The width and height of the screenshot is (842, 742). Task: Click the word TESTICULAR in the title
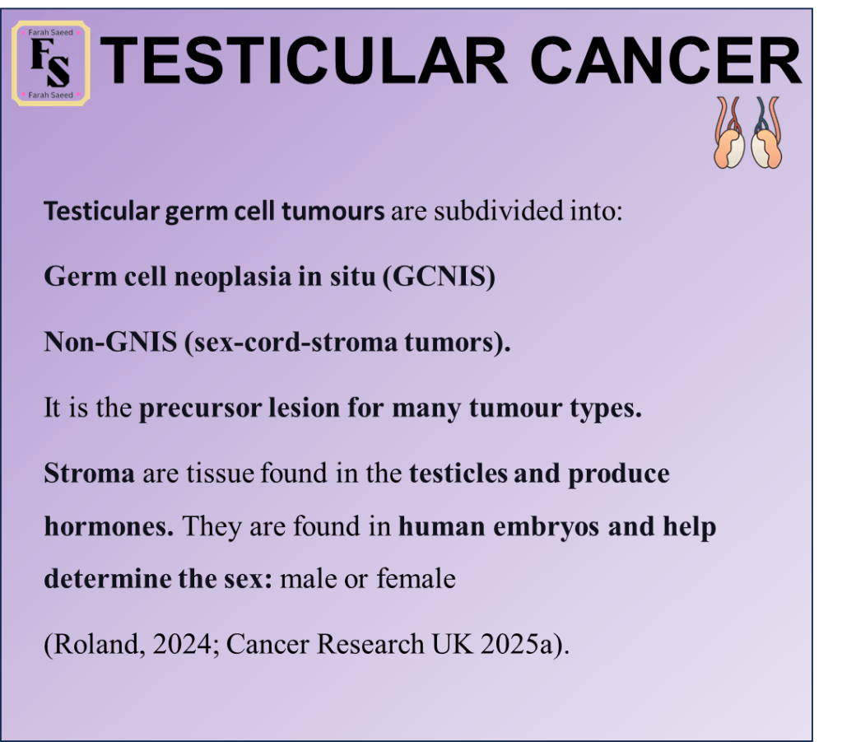(x=304, y=60)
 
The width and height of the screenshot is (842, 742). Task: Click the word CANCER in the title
(x=666, y=60)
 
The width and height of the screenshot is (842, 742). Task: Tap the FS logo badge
(x=50, y=63)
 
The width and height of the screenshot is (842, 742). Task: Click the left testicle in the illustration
(x=728, y=149)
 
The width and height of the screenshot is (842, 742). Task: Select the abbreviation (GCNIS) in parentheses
(x=439, y=278)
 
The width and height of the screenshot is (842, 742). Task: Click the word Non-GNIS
(x=110, y=342)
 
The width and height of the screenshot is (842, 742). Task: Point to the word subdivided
(x=499, y=210)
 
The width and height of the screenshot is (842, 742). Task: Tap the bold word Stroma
(x=89, y=474)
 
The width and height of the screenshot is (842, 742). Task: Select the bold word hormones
(x=109, y=526)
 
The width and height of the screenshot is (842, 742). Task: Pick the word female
(x=416, y=579)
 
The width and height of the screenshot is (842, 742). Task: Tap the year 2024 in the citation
(x=183, y=644)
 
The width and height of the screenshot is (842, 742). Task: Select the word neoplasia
(x=232, y=278)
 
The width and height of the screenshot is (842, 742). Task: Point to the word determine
(x=107, y=579)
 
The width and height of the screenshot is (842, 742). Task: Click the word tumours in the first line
(x=333, y=211)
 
